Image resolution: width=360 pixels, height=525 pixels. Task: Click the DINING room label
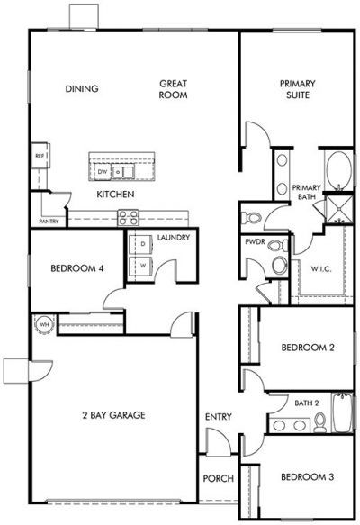(82, 88)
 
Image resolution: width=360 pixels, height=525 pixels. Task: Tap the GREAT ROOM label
(174, 88)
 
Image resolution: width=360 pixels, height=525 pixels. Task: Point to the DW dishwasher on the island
(103, 171)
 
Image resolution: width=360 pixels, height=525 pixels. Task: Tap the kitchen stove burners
(129, 217)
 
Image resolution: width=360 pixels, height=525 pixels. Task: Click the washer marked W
(141, 266)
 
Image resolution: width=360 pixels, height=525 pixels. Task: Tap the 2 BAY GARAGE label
(112, 415)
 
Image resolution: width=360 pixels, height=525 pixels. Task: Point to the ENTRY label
(218, 417)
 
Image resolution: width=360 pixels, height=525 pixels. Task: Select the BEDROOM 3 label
(301, 476)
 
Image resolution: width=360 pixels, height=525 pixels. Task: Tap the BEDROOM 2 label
(301, 348)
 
